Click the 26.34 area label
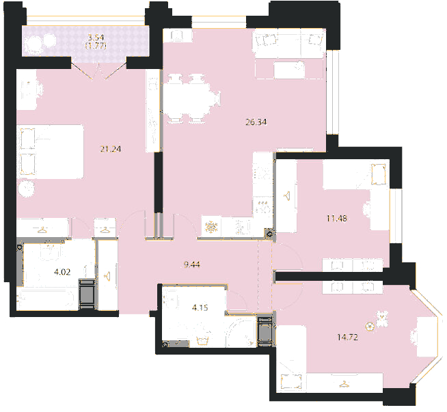point(256,122)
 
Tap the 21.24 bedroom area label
point(111,149)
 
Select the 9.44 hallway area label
point(192,264)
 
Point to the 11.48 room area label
point(337,219)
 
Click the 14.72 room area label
point(347,338)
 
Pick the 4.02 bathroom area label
point(62,272)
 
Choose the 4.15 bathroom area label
point(200,307)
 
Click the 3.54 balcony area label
point(96,37)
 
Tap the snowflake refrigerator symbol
point(211,227)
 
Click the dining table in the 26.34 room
point(187,98)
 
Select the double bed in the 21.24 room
point(51,152)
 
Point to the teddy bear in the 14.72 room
point(381,319)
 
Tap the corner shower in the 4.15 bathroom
point(241,333)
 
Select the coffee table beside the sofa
point(289,70)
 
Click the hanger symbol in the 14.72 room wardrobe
point(344,385)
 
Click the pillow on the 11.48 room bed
point(379,174)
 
